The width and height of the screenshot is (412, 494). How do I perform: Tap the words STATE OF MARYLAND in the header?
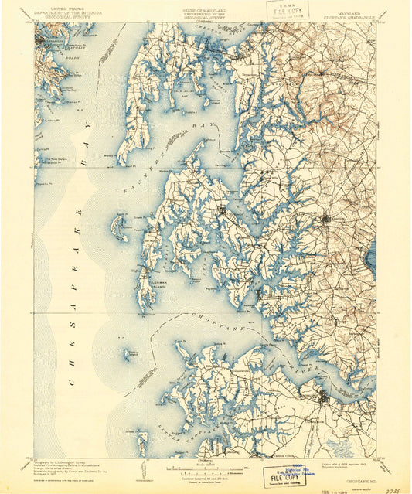coord(206,6)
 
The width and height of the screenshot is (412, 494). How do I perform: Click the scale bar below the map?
coord(206,467)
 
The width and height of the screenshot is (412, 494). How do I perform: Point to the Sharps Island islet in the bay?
coord(134,353)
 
